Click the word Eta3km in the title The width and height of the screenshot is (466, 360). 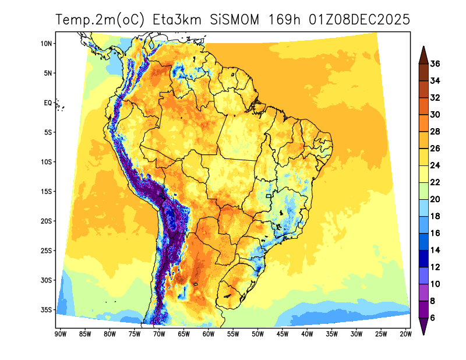point(178,19)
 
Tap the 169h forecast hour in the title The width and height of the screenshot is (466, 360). point(285,19)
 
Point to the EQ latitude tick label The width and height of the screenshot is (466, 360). point(48,103)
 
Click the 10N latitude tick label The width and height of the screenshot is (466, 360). point(47,43)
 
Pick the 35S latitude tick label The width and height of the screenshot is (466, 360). point(47,309)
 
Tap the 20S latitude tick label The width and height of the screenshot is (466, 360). point(47,221)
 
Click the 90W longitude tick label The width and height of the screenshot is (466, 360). point(59,334)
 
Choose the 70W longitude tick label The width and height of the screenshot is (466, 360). point(158,334)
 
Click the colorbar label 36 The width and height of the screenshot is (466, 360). point(435,63)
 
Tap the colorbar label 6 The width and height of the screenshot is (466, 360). point(433,317)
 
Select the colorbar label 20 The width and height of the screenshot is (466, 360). point(435,199)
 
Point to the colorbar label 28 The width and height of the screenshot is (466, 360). point(435,132)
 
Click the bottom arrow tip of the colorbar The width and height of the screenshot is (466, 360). point(423,334)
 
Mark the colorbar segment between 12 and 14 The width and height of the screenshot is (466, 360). point(423,258)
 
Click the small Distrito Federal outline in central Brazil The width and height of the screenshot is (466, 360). point(269,197)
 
